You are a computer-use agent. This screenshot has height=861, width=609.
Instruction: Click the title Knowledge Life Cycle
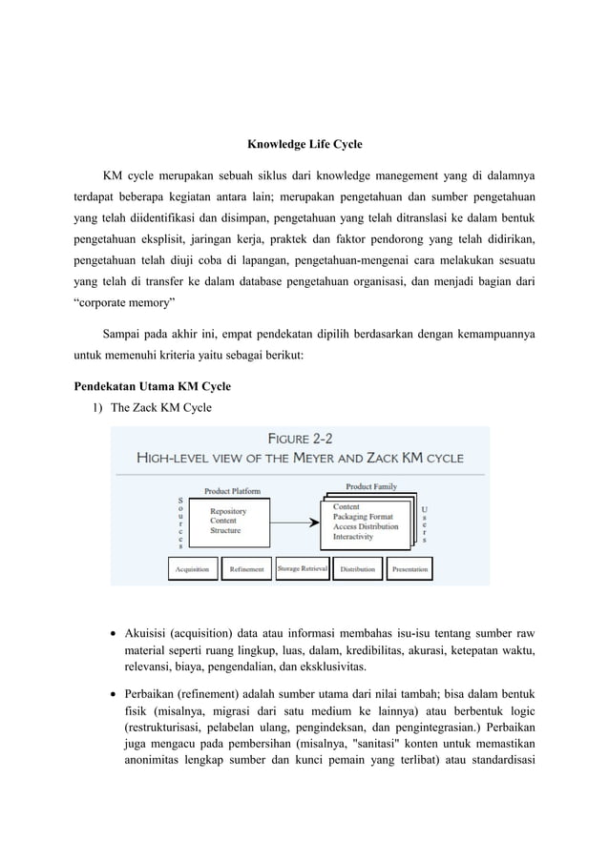[x=304, y=144]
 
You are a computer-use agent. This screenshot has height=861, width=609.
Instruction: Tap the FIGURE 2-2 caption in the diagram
[x=300, y=440]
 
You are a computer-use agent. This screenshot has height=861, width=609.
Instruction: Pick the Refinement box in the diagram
[x=247, y=569]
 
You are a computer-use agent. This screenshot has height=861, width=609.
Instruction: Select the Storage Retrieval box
[x=302, y=569]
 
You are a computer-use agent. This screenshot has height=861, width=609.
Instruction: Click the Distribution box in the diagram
[x=357, y=569]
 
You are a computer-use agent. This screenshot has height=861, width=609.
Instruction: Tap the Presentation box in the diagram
[x=409, y=569]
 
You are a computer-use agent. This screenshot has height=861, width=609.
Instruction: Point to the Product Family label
[x=371, y=486]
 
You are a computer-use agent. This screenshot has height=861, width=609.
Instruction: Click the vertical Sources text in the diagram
[x=181, y=523]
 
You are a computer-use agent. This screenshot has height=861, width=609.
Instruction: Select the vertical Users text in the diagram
[x=425, y=523]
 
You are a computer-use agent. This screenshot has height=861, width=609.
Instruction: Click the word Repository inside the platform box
[x=228, y=511]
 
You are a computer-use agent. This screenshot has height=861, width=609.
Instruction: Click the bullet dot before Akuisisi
[x=115, y=632]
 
